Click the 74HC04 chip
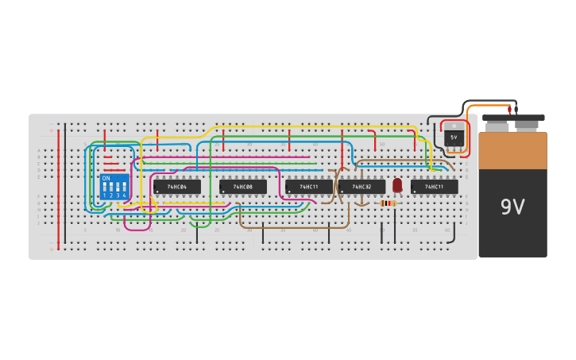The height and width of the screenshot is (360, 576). pos(176,187)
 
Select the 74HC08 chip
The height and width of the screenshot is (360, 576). pos(242,187)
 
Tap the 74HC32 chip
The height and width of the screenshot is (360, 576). pos(362,187)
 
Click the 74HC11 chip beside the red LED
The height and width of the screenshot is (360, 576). pos(434,187)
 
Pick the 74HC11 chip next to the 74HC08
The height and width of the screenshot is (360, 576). pos(309,187)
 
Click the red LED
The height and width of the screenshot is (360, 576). pos(397,184)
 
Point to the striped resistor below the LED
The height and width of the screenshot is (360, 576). pos(388,203)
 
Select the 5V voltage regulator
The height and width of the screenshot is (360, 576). pos(454,136)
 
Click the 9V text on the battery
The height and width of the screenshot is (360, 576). pos(512,208)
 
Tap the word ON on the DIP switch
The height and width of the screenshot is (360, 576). pos(106,178)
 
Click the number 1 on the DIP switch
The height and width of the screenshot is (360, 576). pos(104,195)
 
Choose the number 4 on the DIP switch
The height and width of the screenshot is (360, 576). pos(124,195)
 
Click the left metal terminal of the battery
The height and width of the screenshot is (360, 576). pos(497,126)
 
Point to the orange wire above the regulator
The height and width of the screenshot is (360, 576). pos(489,106)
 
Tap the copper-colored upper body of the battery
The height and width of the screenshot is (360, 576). pos(512,151)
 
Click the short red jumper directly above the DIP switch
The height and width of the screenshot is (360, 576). pos(104,137)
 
